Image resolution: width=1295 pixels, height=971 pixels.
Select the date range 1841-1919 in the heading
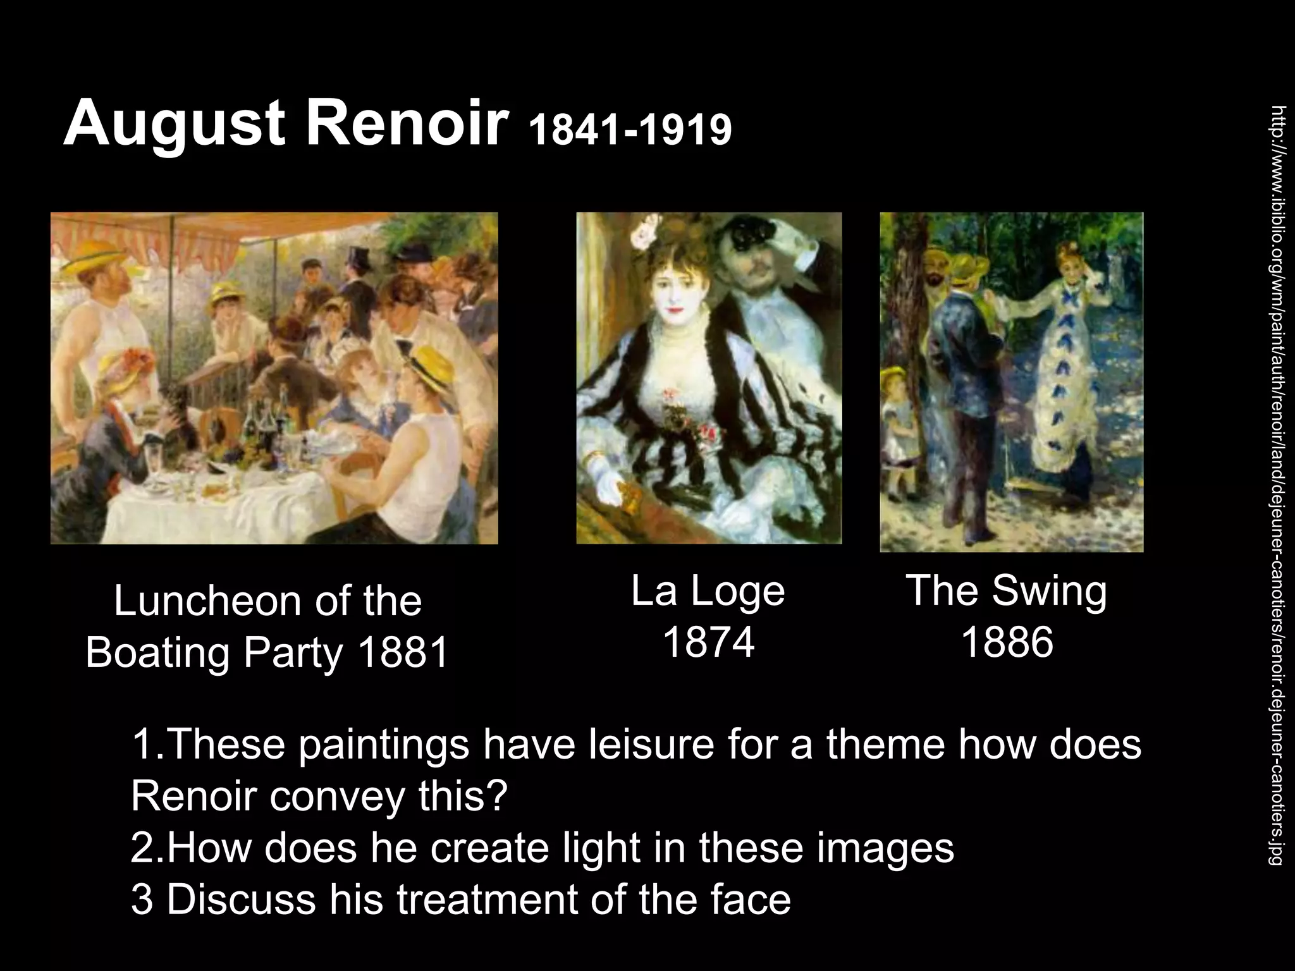tap(630, 130)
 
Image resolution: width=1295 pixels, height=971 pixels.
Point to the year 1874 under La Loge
tap(708, 642)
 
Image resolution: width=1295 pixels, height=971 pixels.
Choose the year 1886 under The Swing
tap(1007, 642)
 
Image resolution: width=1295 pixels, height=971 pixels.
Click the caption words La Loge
tap(708, 591)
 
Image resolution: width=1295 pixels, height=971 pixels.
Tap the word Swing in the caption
tap(1049, 591)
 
